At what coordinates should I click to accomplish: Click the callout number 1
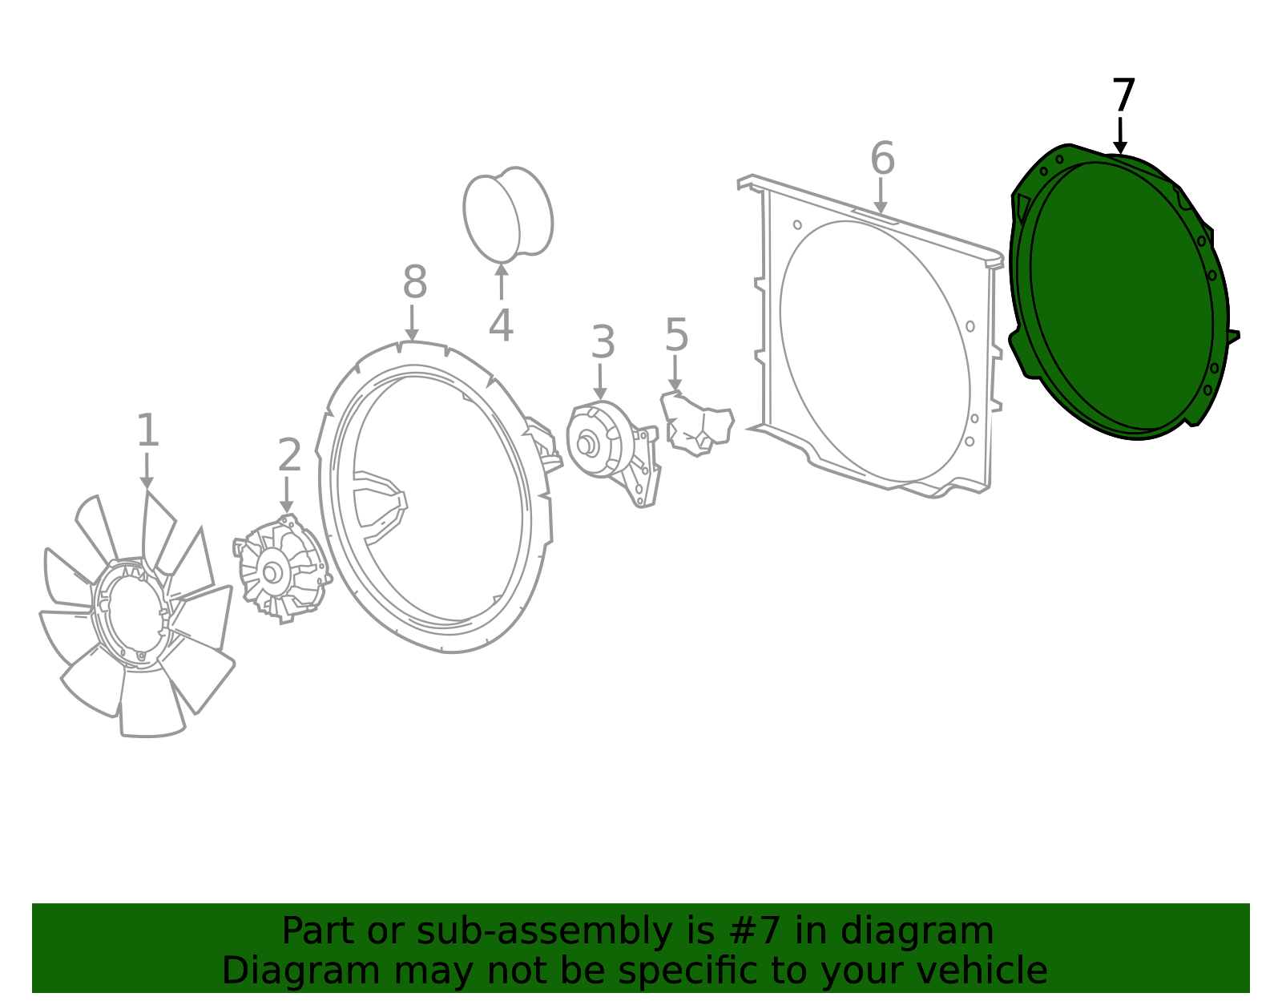click(147, 430)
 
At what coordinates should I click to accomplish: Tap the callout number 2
click(289, 454)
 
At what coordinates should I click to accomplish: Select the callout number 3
click(603, 342)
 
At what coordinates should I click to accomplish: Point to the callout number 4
click(501, 325)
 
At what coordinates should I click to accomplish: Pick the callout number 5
click(676, 335)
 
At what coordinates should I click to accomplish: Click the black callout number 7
click(1123, 95)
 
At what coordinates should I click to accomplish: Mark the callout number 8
click(415, 282)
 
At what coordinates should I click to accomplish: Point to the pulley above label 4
click(508, 215)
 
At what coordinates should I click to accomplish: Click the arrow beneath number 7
click(1120, 136)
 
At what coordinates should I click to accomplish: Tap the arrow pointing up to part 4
click(502, 282)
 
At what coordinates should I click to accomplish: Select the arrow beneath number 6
click(881, 196)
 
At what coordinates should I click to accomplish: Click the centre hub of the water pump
click(585, 445)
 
